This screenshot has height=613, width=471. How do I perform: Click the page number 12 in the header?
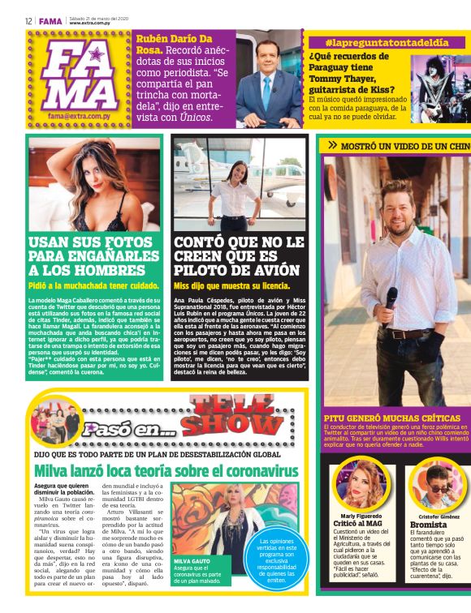tap(28, 20)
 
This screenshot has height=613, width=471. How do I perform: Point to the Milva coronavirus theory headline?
tap(166, 470)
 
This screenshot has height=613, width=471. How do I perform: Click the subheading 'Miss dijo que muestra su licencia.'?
tap(231, 286)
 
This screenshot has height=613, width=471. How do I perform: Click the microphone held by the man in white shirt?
tap(392, 297)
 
